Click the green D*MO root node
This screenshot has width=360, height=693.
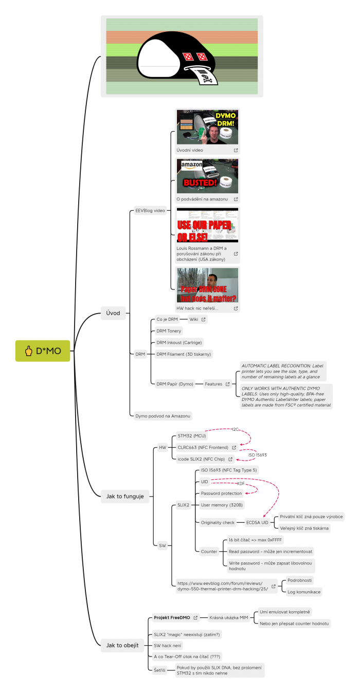42,351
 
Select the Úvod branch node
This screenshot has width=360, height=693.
113,313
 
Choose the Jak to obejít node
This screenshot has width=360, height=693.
122,645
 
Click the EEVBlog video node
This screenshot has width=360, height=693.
150,210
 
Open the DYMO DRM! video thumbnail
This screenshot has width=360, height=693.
207,127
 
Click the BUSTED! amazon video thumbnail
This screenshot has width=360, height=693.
207,176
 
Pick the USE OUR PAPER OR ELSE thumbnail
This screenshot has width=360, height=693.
207,225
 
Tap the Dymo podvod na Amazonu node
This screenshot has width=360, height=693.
163,415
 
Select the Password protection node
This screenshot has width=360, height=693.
221,494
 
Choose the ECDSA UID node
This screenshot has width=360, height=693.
257,522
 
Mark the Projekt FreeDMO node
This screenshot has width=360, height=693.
172,617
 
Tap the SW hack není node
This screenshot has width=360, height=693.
168,645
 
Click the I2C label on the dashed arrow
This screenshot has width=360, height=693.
236,429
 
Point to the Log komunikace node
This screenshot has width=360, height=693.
304,592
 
